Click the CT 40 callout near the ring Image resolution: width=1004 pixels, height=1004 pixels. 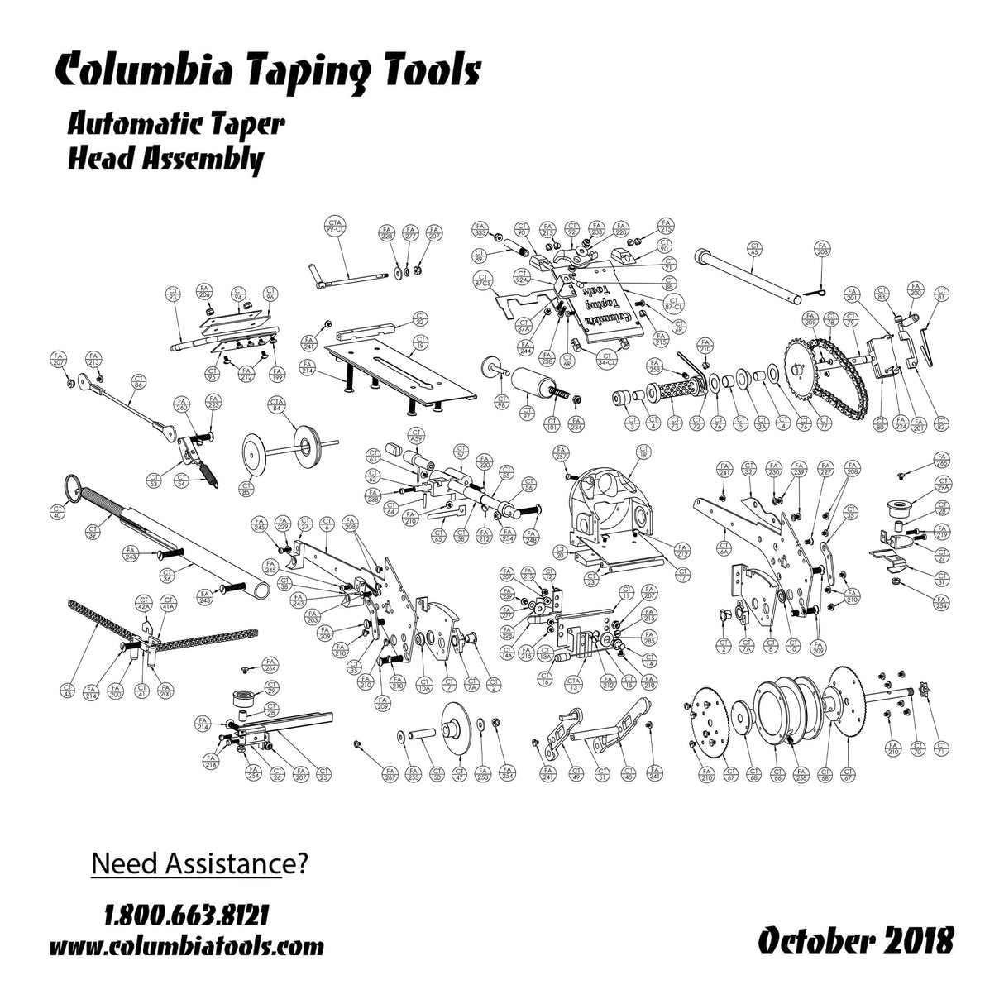tap(57, 511)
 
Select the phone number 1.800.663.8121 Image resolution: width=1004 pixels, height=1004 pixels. tap(187, 916)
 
